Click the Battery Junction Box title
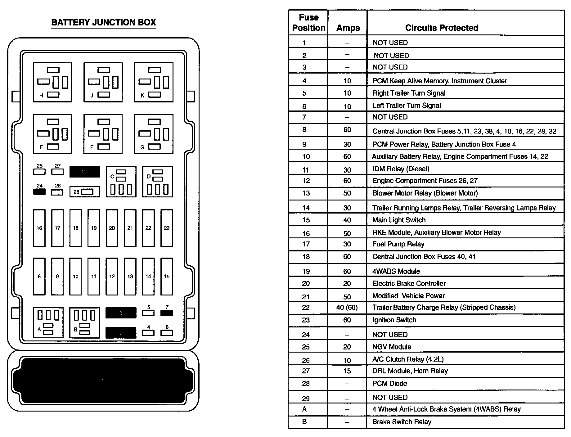(103, 22)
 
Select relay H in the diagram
(52, 82)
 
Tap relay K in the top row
(154, 82)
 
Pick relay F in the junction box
(103, 134)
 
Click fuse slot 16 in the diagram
(39, 228)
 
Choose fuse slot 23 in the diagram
(167, 228)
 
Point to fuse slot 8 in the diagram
(39, 276)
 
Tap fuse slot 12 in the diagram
(112, 276)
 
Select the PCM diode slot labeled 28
(85, 192)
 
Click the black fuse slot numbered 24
(39, 191)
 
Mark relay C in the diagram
(121, 182)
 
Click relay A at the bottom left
(48, 323)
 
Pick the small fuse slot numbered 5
(148, 313)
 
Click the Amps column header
(348, 28)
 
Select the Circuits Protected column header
(442, 28)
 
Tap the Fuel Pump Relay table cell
(398, 244)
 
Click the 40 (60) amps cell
(347, 308)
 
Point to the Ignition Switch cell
(394, 320)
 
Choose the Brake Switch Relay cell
(402, 422)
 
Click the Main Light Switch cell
(399, 220)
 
